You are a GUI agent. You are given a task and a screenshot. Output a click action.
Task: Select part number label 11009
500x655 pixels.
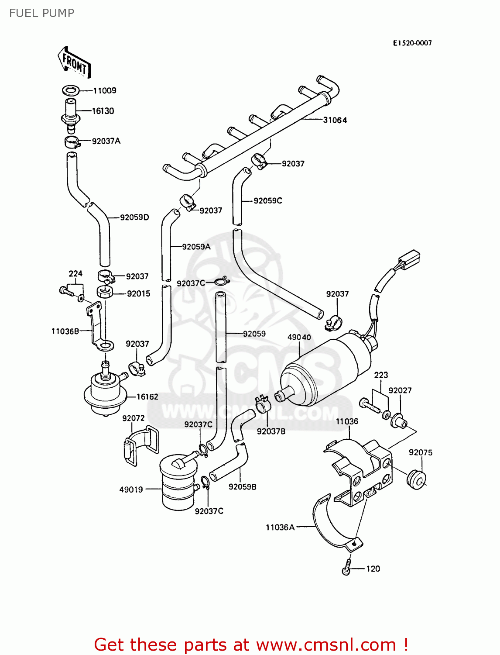(105, 90)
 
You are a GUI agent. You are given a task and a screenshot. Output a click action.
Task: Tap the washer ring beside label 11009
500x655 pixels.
(71, 90)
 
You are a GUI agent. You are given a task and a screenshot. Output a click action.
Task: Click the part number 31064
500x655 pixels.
(335, 120)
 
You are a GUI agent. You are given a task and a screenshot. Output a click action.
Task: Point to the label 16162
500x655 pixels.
(147, 396)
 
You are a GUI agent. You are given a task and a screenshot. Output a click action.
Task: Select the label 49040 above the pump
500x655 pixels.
(299, 337)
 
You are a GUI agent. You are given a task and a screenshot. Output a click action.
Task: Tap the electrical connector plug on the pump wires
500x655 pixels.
(410, 259)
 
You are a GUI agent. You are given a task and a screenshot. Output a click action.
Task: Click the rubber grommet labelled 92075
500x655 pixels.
(415, 479)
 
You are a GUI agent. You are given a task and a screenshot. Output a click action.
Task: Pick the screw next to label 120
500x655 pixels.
(347, 568)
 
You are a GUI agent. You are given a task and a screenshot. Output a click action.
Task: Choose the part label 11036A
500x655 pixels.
(280, 527)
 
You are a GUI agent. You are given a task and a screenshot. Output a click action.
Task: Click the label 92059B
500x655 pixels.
(242, 486)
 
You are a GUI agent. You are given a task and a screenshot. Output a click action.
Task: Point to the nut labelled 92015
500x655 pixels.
(105, 291)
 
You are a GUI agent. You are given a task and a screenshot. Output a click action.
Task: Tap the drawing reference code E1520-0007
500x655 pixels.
(412, 43)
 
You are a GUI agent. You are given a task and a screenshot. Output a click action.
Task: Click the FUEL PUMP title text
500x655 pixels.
(42, 13)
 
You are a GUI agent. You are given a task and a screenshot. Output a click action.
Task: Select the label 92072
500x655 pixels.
(133, 418)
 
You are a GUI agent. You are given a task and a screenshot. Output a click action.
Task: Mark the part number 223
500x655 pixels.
(381, 375)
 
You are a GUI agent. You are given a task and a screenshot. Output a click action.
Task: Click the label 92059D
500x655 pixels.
(134, 217)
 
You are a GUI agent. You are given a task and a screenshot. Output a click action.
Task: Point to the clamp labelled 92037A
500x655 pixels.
(72, 141)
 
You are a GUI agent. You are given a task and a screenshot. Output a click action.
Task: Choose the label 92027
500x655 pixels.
(400, 390)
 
